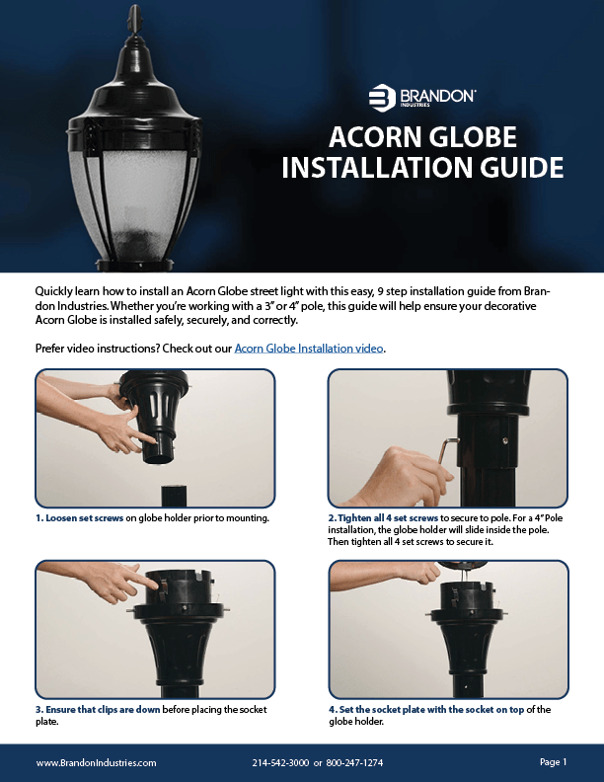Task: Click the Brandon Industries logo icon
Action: click(382, 97)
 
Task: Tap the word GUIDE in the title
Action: click(522, 167)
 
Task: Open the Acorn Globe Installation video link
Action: click(309, 349)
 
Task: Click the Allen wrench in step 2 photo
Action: click(452, 451)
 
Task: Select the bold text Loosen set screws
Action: click(84, 518)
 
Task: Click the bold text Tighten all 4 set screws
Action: click(388, 518)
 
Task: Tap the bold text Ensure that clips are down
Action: click(103, 709)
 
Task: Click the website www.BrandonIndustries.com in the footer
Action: click(96, 762)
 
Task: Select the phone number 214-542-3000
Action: click(280, 762)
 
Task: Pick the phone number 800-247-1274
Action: click(354, 762)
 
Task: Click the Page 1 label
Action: click(553, 761)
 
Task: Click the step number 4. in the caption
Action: click(333, 709)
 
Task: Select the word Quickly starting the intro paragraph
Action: click(53, 291)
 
